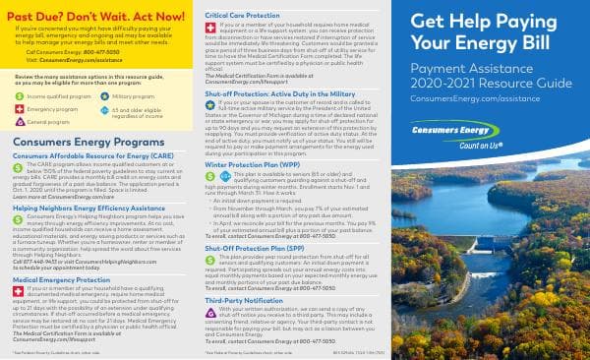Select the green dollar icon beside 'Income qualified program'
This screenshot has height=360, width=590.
21,97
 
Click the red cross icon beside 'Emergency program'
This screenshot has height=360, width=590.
21,110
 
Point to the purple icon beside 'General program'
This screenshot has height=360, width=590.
21,123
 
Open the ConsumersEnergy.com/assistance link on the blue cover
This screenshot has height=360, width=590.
472,100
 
